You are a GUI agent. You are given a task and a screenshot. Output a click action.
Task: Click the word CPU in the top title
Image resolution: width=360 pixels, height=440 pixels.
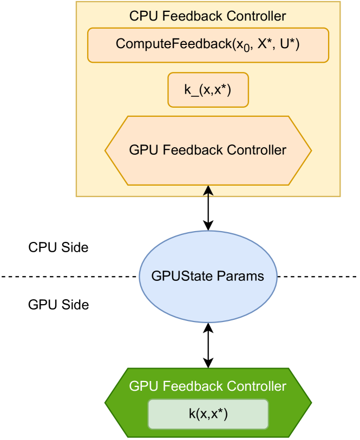142,16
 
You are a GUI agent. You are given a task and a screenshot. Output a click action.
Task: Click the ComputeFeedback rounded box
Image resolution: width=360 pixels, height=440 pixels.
208,45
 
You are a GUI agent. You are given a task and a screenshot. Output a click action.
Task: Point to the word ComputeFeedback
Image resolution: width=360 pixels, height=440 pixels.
173,44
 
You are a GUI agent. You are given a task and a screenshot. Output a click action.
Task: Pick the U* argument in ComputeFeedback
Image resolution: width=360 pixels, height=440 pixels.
289,44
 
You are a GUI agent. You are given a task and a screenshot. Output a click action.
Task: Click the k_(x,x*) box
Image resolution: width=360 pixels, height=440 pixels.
208,90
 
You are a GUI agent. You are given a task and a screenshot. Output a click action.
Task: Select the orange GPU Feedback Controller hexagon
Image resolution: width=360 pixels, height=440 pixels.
208,150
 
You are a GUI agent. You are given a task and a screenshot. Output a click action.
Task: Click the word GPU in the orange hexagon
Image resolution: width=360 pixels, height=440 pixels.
142,150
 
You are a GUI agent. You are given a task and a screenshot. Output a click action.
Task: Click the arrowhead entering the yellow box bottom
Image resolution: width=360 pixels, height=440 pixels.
208,191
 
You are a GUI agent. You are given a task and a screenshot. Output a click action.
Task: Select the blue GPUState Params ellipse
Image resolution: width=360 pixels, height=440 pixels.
208,276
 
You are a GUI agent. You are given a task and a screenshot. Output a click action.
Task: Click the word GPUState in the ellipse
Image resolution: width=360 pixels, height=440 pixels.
182,276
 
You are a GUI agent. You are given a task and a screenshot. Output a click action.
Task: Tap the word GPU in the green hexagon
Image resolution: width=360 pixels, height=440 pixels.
142,386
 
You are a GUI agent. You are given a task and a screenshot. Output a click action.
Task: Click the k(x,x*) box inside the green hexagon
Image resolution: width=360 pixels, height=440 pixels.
208,414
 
